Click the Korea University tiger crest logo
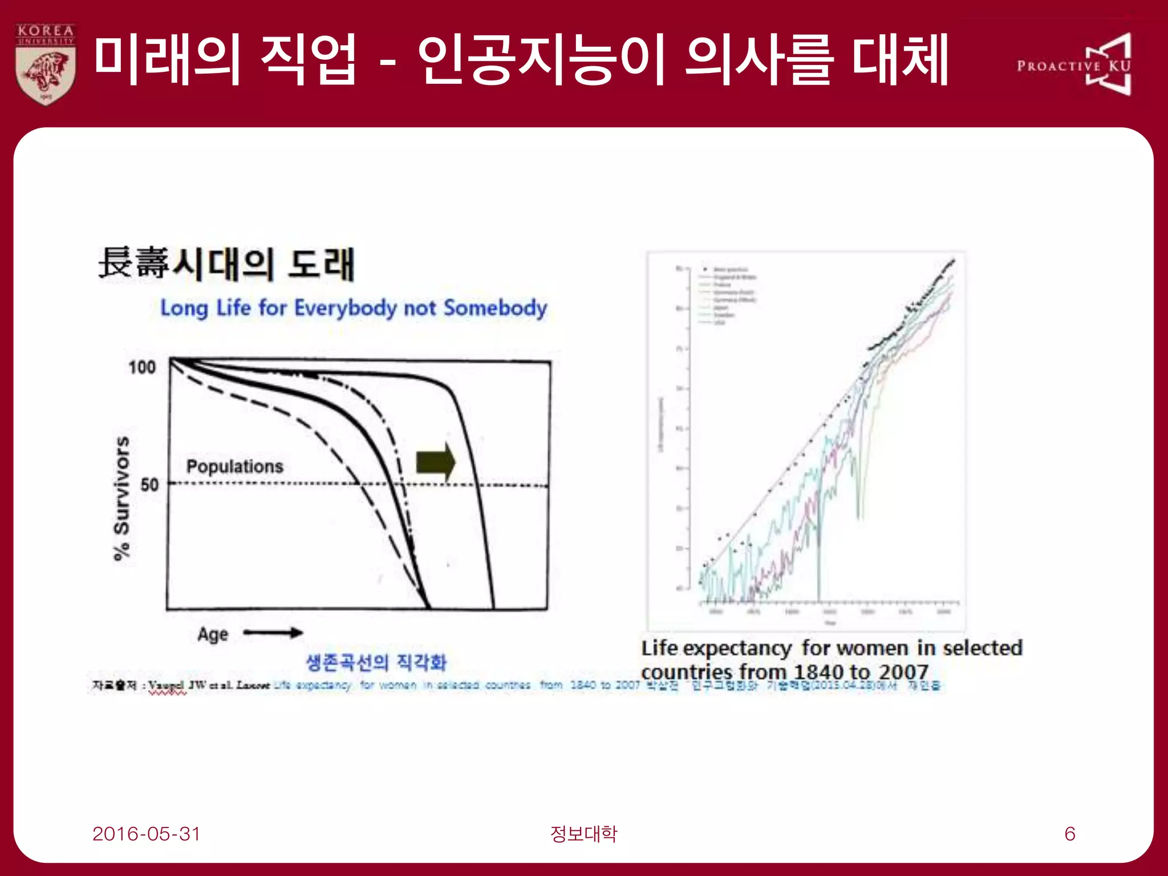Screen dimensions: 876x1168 [x=46, y=64]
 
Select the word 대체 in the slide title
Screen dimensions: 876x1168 [x=900, y=59]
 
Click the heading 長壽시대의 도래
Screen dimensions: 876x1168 [x=226, y=264]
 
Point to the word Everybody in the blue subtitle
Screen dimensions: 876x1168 [x=345, y=309]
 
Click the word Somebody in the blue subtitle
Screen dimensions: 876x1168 [x=495, y=308]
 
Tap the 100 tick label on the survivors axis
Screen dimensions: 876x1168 [x=142, y=367]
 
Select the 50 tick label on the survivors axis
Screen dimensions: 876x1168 [x=149, y=485]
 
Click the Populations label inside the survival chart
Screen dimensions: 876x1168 [x=235, y=467]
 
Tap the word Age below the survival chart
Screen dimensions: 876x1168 [x=213, y=634]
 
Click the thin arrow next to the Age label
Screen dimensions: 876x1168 [x=273, y=632]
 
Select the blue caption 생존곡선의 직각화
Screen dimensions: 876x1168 [x=376, y=662]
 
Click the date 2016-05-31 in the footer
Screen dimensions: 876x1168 [x=147, y=834]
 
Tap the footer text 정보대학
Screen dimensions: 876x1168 [x=583, y=834]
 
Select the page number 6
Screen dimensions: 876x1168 [x=1070, y=834]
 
